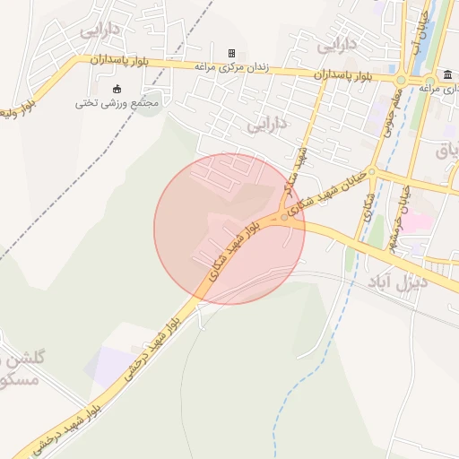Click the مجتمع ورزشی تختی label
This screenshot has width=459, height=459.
117,102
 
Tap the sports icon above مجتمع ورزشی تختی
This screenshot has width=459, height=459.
117,88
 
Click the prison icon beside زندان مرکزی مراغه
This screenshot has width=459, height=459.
231,54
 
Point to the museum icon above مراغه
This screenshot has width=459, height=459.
446,74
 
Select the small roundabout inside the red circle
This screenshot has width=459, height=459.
284,218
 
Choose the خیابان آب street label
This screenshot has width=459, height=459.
416,31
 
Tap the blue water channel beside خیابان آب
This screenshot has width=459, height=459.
435,36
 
